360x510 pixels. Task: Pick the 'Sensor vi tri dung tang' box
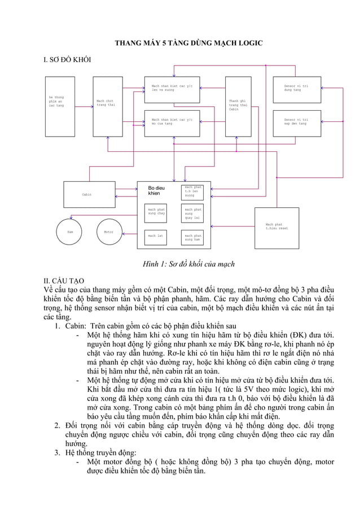pyautogui.click(x=297, y=89)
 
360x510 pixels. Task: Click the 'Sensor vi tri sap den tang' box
pyautogui.click(x=297, y=123)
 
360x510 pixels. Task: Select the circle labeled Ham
pyautogui.click(x=71, y=232)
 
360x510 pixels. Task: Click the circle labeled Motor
pyautogui.click(x=109, y=232)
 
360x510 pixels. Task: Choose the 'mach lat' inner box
pyautogui.click(x=156, y=236)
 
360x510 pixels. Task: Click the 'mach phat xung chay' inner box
pyautogui.click(x=156, y=212)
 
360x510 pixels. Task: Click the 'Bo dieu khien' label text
pyautogui.click(x=156, y=190)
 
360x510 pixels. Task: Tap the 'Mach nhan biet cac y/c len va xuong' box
pyautogui.click(x=172, y=89)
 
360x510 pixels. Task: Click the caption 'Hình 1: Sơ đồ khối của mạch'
pyautogui.click(x=180, y=264)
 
